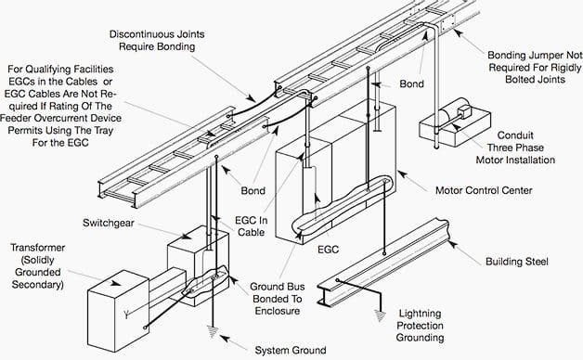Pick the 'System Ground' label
click(291, 350)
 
